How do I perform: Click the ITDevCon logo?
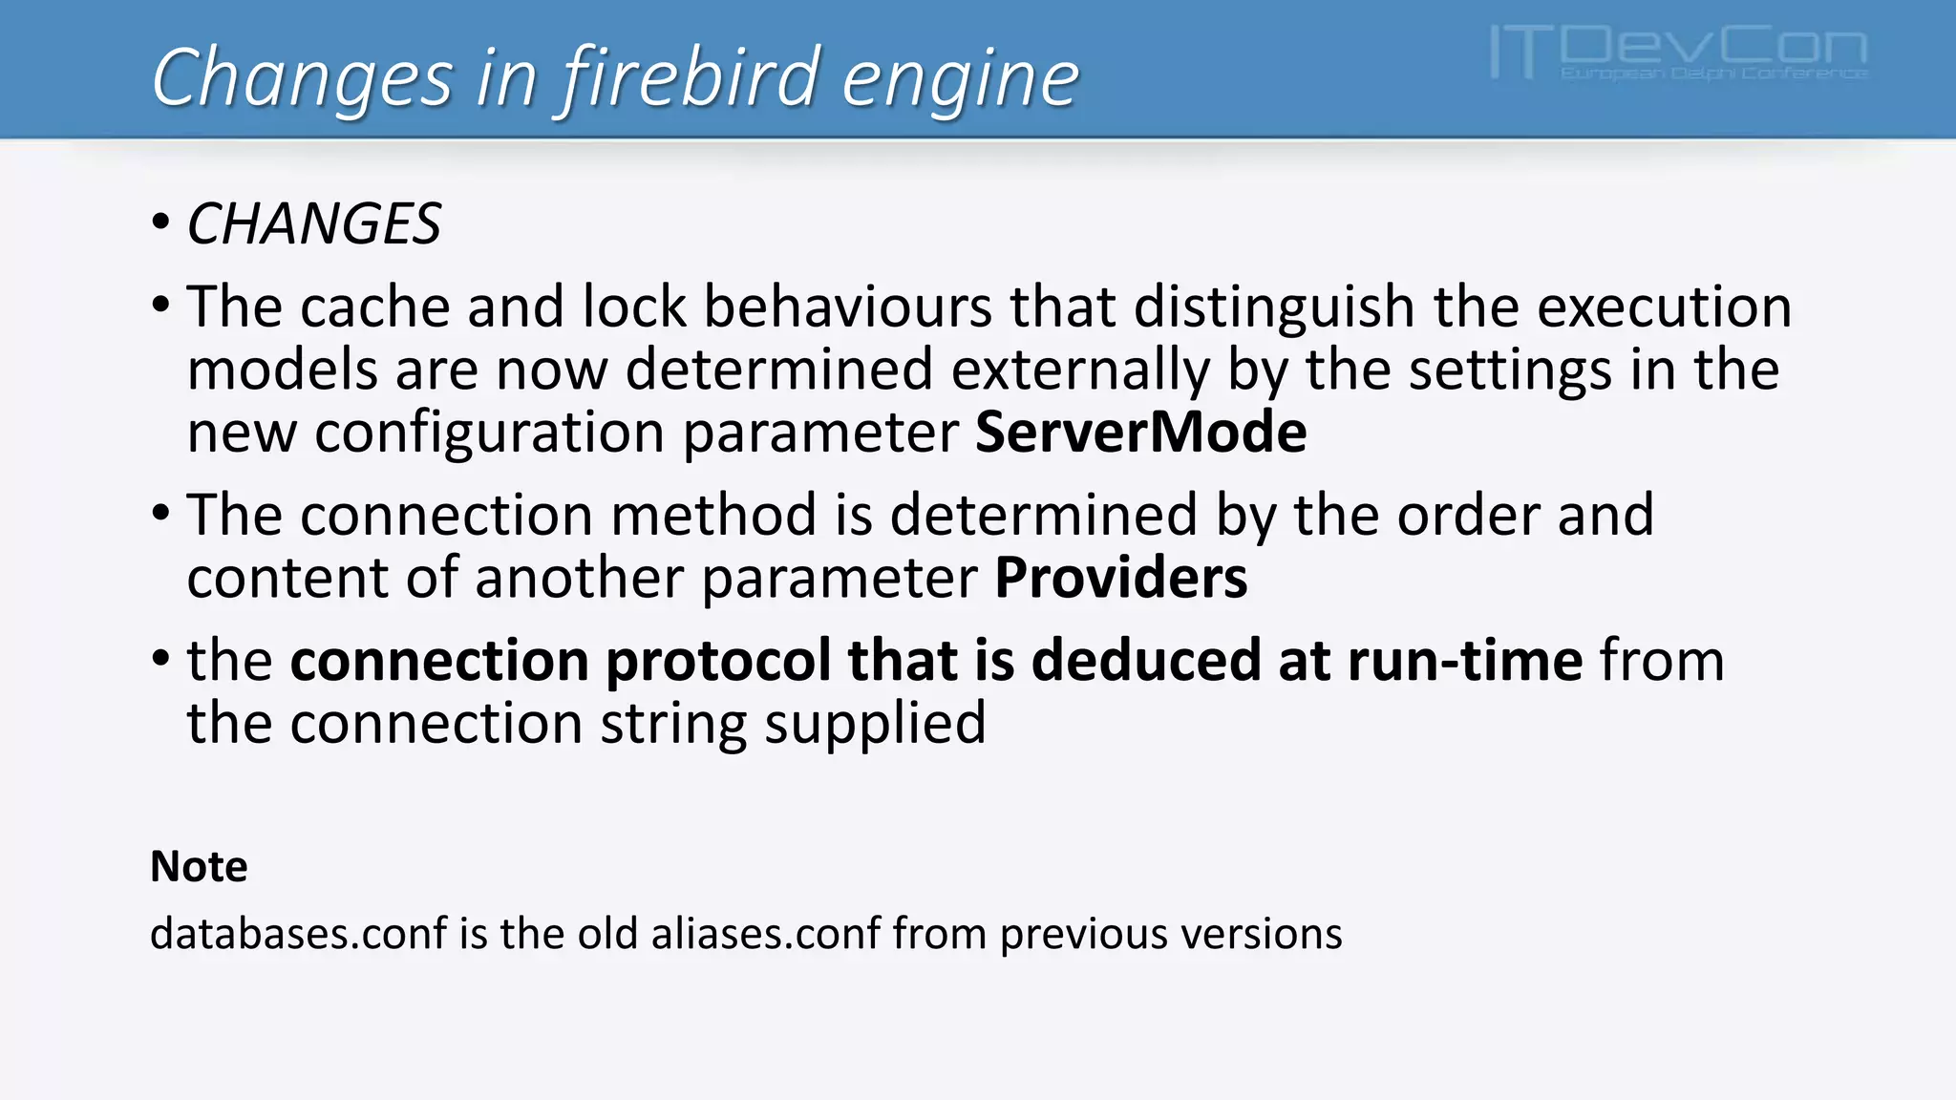(x=1678, y=53)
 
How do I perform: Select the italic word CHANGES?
(x=313, y=224)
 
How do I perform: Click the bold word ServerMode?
(x=1140, y=433)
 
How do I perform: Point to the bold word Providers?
(x=1120, y=578)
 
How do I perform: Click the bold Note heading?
(x=199, y=867)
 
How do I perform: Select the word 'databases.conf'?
(x=298, y=934)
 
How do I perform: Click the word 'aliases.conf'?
(x=766, y=934)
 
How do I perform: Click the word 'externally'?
(x=1079, y=370)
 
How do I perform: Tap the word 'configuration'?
(x=489, y=433)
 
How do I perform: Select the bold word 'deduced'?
(x=1146, y=660)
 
